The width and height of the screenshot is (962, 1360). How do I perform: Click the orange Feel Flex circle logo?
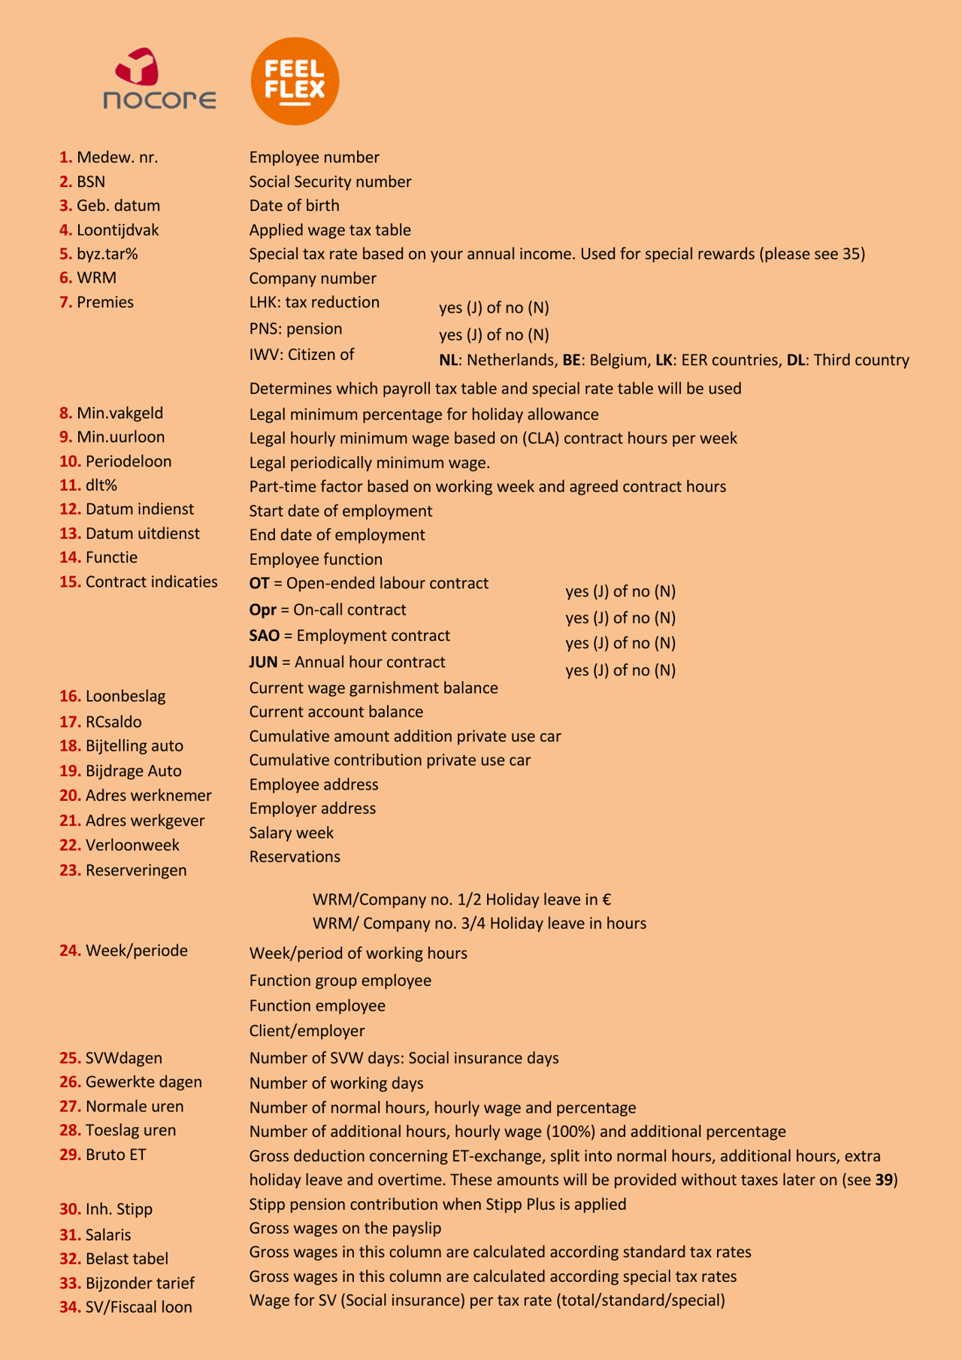[295, 81]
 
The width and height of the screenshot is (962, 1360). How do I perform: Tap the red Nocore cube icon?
[137, 67]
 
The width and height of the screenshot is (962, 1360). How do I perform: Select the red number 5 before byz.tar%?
[65, 254]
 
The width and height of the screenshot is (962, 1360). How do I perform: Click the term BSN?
[91, 182]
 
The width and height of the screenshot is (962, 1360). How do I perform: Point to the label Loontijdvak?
[118, 230]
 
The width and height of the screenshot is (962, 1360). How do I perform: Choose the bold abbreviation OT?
[259, 583]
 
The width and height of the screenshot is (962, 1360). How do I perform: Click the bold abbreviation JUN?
[263, 662]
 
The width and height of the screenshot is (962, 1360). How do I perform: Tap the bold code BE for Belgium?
[571, 360]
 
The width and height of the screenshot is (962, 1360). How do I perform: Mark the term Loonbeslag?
[126, 696]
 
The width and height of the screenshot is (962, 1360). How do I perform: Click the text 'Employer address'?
[313, 808]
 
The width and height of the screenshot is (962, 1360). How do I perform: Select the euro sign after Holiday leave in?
[607, 899]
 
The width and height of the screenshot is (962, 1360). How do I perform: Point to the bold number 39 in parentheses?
[885, 1180]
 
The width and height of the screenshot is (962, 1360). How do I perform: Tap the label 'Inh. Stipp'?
[119, 1209]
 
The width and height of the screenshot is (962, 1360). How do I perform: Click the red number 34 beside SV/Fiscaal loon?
[70, 1307]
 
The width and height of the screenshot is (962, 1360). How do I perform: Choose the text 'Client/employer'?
[307, 1031]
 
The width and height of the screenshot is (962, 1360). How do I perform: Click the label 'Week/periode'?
[137, 950]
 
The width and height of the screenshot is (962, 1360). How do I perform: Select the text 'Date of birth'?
[294, 206]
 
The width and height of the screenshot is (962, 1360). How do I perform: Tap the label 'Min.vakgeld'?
[119, 413]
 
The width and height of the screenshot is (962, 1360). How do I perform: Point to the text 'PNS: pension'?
[295, 329]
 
